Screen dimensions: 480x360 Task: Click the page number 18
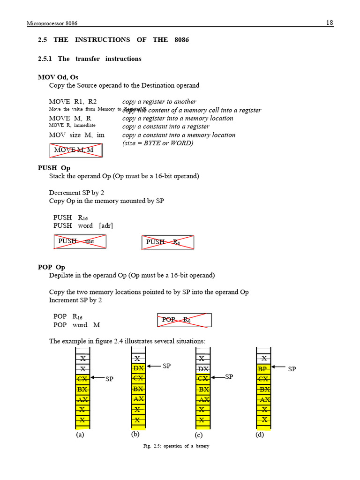pyautogui.click(x=330, y=22)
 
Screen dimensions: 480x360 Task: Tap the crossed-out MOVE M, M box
pyautogui.click(x=76, y=150)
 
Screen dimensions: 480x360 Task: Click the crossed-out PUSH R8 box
pyautogui.click(x=167, y=242)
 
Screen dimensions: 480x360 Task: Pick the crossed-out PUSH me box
pyautogui.click(x=80, y=241)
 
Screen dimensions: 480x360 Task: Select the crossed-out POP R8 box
pyautogui.click(x=184, y=320)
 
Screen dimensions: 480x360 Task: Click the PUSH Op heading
pyautogui.click(x=54, y=168)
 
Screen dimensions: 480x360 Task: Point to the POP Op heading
pyautogui.click(x=52, y=267)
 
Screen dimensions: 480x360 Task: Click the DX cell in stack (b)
pyautogui.click(x=137, y=368)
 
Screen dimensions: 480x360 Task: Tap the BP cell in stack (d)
pyautogui.click(x=263, y=369)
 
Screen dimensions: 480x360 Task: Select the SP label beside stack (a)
pyautogui.click(x=109, y=379)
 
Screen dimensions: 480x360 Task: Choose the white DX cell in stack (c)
pyautogui.click(x=202, y=368)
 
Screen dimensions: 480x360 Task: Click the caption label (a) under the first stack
pyautogui.click(x=80, y=435)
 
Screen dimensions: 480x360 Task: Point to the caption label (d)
pyautogui.click(x=260, y=435)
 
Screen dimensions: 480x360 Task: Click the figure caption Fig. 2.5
pyautogui.click(x=176, y=446)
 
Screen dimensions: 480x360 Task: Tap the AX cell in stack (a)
pyautogui.click(x=82, y=399)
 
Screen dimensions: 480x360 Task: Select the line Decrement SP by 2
pyautogui.click(x=76, y=193)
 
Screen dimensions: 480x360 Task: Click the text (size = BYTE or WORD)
pyautogui.click(x=157, y=143)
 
